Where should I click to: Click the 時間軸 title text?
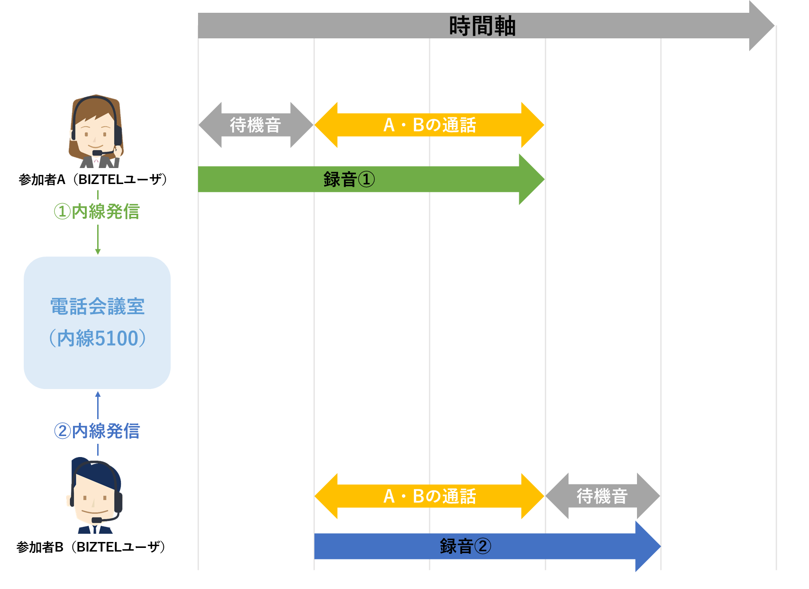[x=482, y=26]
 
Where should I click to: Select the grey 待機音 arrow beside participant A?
[x=256, y=125]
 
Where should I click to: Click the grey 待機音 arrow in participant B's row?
[x=602, y=496]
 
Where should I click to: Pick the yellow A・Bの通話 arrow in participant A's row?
[x=429, y=125]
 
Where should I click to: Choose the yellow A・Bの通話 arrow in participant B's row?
[x=429, y=496]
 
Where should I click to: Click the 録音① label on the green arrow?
[x=349, y=179]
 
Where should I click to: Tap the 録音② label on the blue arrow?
[x=465, y=546]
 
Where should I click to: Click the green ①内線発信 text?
[x=97, y=211]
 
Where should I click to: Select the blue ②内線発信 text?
[x=97, y=431]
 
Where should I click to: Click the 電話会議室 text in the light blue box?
[x=97, y=306]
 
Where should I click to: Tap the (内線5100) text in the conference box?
[x=97, y=338]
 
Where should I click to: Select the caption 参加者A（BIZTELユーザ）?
[x=93, y=179]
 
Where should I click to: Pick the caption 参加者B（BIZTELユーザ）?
[x=91, y=547]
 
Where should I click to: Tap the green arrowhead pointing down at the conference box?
[x=98, y=251]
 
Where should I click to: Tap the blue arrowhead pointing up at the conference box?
[x=98, y=394]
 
